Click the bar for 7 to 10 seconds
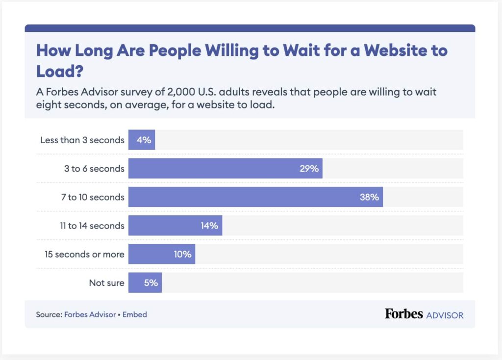[x=255, y=197]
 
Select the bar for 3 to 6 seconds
[x=225, y=169]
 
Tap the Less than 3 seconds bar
[x=141, y=140]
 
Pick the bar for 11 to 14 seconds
[x=175, y=226]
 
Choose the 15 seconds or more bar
[x=161, y=254]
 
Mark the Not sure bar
[x=145, y=283]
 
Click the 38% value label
[x=370, y=197]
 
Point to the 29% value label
[x=309, y=169]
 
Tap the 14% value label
[x=209, y=226]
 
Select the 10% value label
[x=182, y=254]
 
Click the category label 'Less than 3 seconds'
[x=82, y=140]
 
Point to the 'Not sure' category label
[x=106, y=283]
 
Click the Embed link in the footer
[x=135, y=314]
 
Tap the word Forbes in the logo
[x=403, y=314]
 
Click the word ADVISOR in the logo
[x=445, y=315]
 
